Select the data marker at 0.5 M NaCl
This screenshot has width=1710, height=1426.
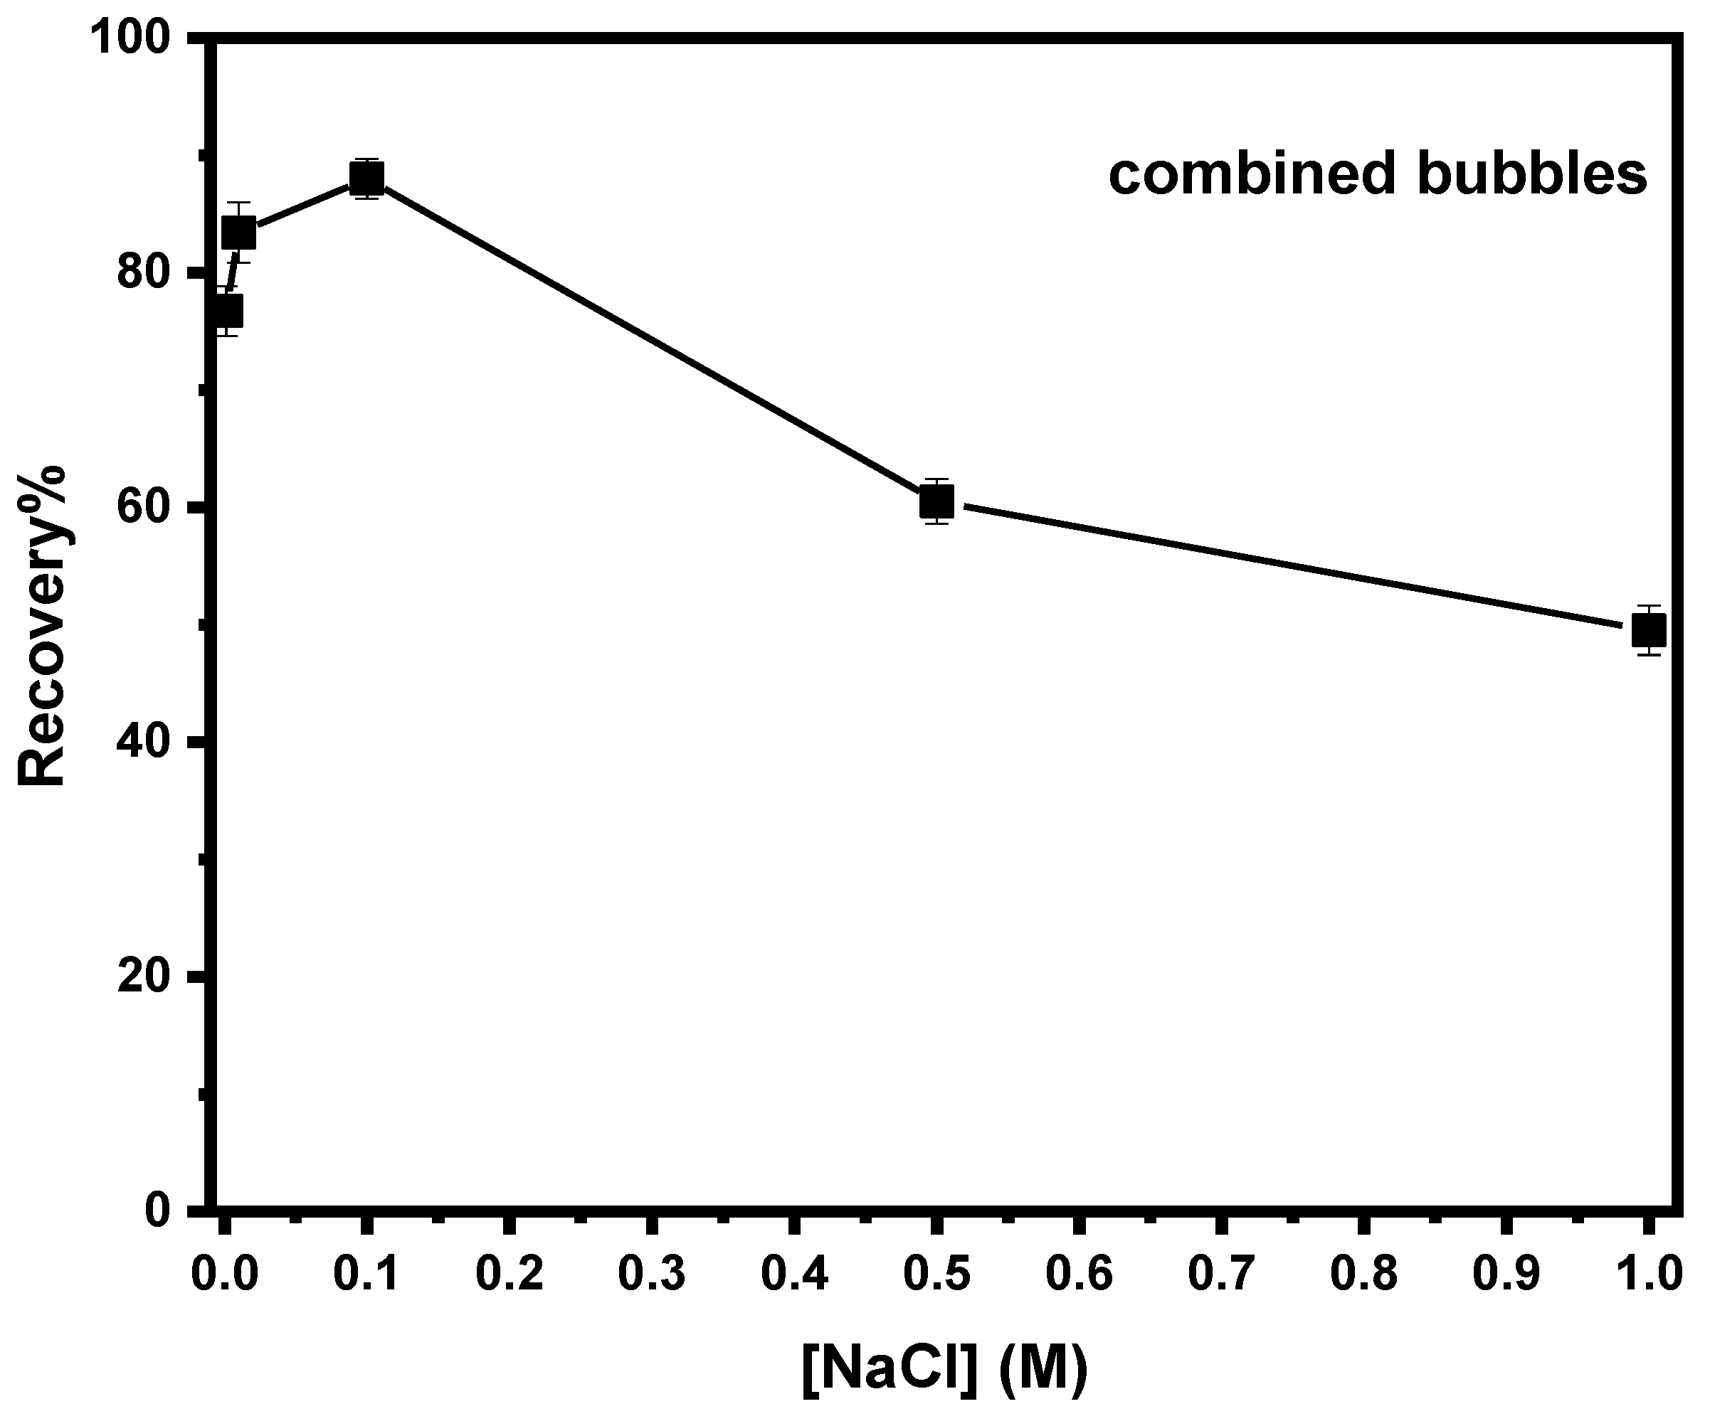pyautogui.click(x=936, y=501)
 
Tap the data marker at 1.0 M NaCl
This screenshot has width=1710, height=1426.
pyautogui.click(x=1649, y=631)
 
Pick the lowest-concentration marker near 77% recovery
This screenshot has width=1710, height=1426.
pyautogui.click(x=226, y=311)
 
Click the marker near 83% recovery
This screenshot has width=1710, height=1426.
pyautogui.click(x=238, y=233)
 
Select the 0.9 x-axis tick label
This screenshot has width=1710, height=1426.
pyautogui.click(x=1506, y=1274)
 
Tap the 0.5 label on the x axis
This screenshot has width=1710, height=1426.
pyautogui.click(x=936, y=1274)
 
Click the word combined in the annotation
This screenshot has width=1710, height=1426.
pyautogui.click(x=1254, y=174)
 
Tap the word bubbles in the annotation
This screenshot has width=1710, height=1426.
pyautogui.click(x=1531, y=174)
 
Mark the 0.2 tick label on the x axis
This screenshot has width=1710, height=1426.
pyautogui.click(x=509, y=1274)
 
